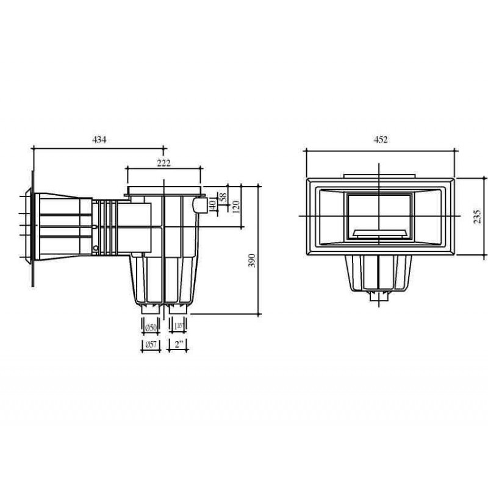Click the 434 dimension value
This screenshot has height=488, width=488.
pyautogui.click(x=99, y=140)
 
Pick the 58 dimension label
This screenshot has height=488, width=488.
pyautogui.click(x=223, y=198)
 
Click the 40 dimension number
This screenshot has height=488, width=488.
pyautogui.click(x=212, y=204)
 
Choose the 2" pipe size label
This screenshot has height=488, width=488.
pyautogui.click(x=179, y=346)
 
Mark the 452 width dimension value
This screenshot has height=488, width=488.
pyautogui.click(x=381, y=140)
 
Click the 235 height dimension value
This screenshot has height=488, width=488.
pyautogui.click(x=477, y=217)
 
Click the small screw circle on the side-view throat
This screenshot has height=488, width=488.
pyautogui.click(x=96, y=247)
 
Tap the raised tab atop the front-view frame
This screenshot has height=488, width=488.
pyautogui.click(x=380, y=177)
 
